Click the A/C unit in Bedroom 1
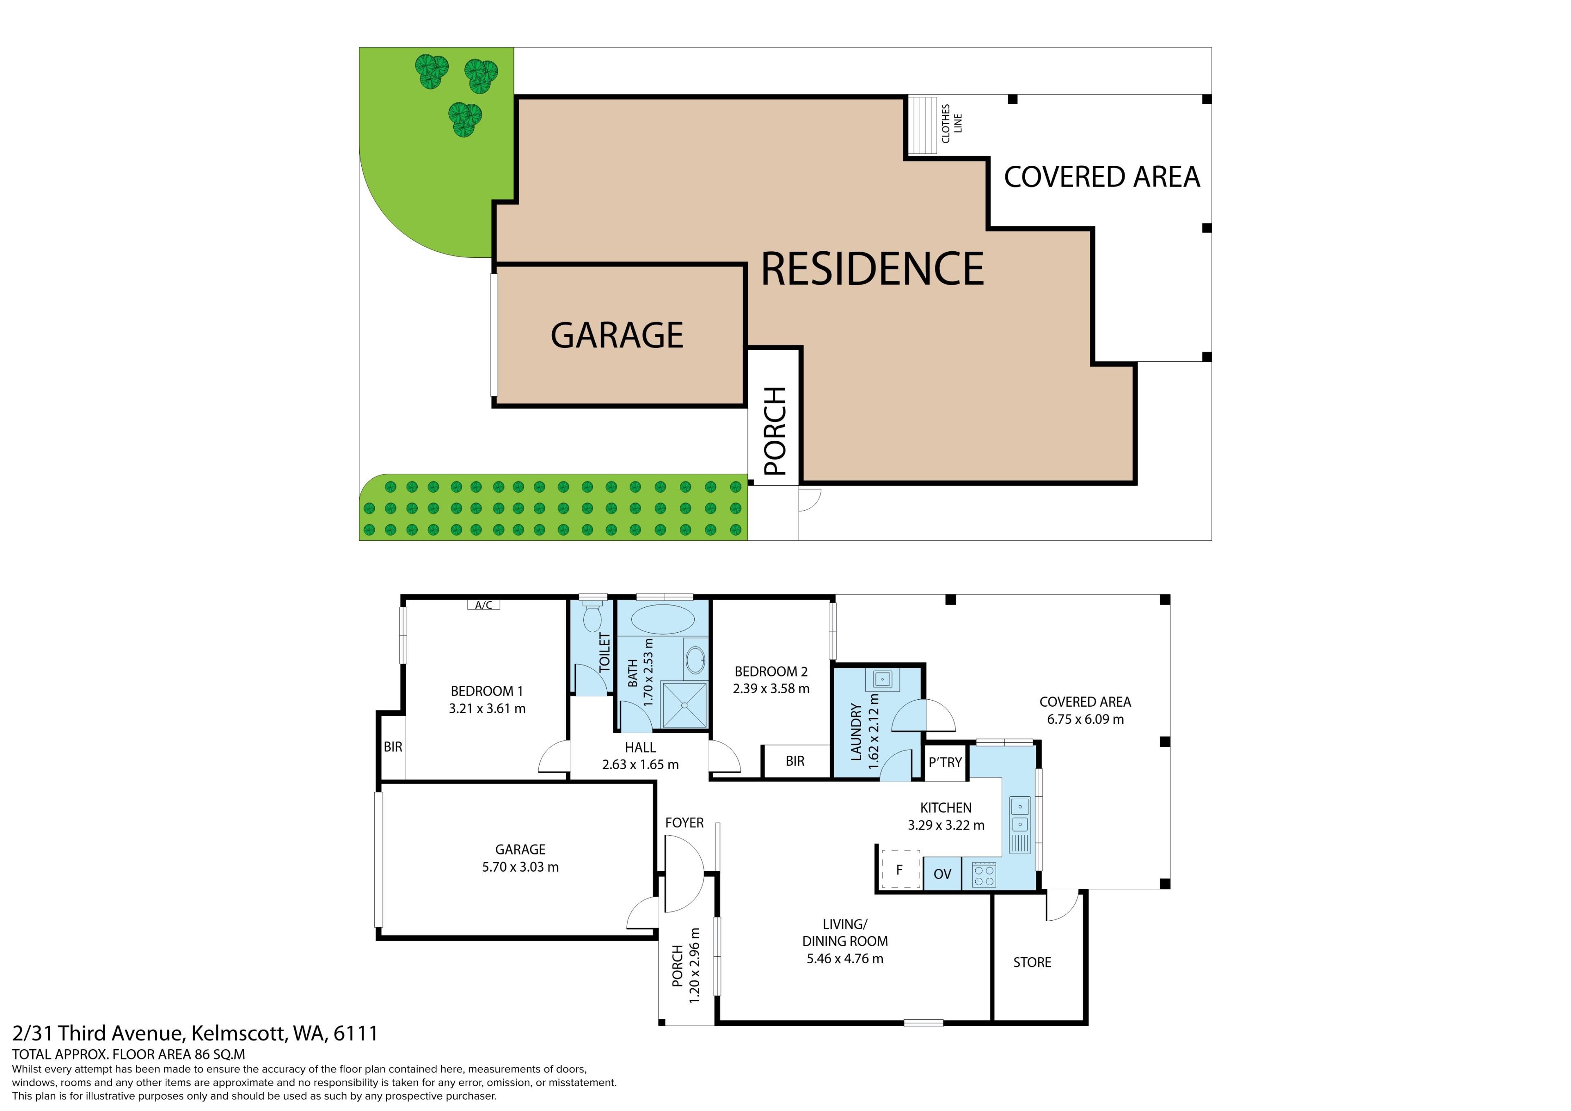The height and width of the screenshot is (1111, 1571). pos(483,604)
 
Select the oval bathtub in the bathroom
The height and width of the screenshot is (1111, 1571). pos(662,619)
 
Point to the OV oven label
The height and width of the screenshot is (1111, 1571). pos(942,874)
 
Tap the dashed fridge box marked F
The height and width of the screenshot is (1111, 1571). pos(900,869)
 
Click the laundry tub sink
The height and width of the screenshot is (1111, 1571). pos(882,680)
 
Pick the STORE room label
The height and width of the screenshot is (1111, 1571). pos(1032,962)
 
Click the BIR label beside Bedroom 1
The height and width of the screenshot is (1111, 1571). pos(393,747)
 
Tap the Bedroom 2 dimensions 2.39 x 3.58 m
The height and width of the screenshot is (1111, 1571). pos(771,689)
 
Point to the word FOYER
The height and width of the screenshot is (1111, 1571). pos(684,823)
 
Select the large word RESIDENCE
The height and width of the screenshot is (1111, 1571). pos(872,268)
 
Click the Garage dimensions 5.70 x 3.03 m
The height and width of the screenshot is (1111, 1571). pos(520,867)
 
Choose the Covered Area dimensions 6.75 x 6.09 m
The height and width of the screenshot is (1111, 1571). pos(1085,719)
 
